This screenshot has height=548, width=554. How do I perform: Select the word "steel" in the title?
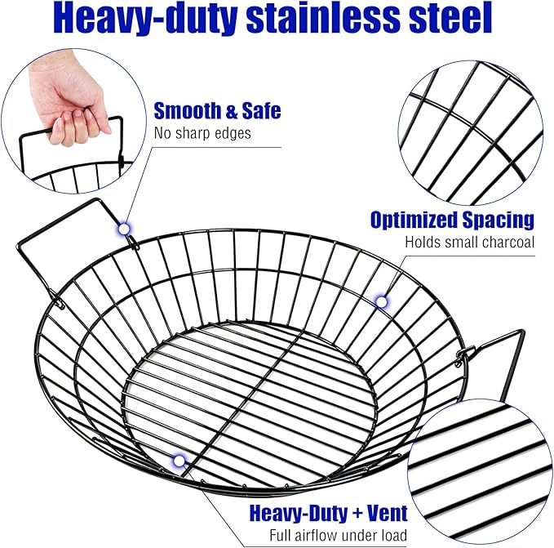450,17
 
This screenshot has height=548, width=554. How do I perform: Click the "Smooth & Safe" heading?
217,110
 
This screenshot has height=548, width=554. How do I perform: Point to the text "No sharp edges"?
202,134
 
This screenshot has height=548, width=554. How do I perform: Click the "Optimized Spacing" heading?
452,220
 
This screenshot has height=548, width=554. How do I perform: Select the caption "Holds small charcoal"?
470,243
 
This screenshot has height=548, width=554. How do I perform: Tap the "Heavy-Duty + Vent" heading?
328,514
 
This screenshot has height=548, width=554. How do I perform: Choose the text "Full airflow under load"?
339,535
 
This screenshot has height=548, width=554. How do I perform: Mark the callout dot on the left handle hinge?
124,229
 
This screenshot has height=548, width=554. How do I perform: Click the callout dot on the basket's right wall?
381,302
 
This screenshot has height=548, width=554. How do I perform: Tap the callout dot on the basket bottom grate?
179,461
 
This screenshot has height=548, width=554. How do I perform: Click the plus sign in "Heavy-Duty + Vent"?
357,514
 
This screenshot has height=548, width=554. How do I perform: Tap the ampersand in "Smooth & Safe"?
231,111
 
